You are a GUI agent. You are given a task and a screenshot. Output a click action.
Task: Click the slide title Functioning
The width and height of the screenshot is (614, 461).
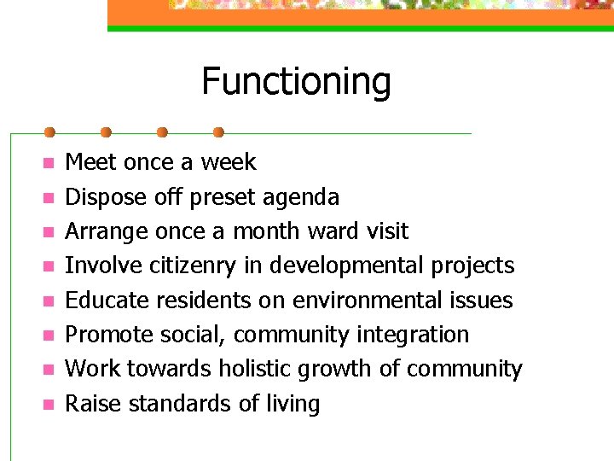click(296, 82)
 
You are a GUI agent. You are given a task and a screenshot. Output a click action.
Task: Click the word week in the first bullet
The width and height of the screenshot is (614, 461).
click(229, 162)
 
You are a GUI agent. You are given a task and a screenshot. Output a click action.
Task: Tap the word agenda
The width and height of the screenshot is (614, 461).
click(300, 198)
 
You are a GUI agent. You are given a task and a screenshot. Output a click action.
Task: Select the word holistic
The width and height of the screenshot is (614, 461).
click(256, 369)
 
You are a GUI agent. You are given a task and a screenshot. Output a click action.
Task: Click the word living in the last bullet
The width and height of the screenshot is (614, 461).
click(293, 404)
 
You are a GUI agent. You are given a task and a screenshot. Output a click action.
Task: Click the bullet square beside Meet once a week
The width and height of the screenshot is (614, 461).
click(49, 163)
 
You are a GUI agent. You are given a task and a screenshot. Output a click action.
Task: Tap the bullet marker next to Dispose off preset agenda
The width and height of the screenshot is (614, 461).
click(49, 198)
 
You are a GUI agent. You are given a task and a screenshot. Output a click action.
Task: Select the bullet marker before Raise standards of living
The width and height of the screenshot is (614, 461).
click(49, 405)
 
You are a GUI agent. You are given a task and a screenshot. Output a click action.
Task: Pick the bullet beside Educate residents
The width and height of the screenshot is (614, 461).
click(49, 301)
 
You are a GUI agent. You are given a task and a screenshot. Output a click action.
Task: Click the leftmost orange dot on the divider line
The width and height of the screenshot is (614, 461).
click(49, 132)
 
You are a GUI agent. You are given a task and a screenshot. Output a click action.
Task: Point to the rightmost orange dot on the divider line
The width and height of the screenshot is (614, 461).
click(218, 132)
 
